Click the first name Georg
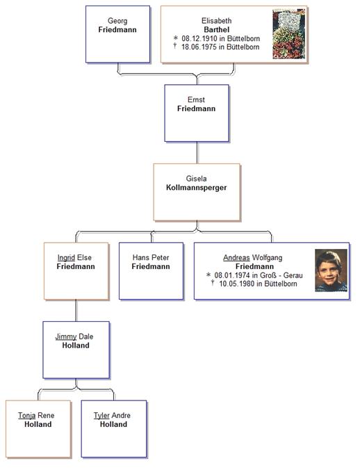pos(117,21)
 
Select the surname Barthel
pos(217,29)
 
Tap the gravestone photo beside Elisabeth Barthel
pos(288,34)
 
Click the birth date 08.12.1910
pos(199,38)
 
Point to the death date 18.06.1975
pos(199,47)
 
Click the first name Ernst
pos(196,99)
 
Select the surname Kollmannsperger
pos(196,188)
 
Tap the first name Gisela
pos(196,179)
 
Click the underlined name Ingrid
pos(66,257)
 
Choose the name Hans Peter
pos(151,257)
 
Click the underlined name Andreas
pos(236,257)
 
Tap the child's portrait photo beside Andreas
pos(331,270)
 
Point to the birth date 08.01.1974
pos(231,275)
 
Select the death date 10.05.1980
pos(236,284)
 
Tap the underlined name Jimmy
pos(66,337)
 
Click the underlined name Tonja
pos(27,415)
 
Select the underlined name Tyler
pos(101,415)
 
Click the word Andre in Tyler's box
pos(121,415)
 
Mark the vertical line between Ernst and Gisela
pos(197,152)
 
